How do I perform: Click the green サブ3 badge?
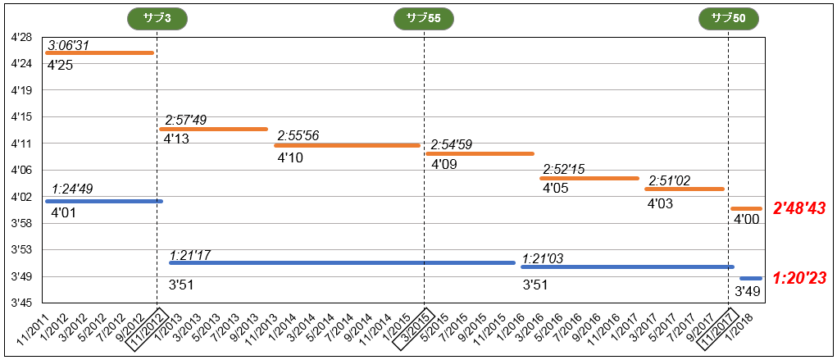157,19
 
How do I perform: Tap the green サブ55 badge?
424,19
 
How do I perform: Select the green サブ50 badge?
728,19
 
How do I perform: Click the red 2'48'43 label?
798,209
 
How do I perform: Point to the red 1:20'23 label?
798,278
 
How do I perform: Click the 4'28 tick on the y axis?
21,38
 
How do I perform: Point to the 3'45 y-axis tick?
21,303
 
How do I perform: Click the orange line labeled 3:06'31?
99,53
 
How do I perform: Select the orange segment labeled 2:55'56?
347,145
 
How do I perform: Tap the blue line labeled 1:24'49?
104,201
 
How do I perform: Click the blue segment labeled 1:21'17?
342,263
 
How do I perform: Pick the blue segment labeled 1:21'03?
627,267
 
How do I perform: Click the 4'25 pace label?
61,65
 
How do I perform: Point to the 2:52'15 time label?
565,169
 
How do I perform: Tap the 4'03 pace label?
660,203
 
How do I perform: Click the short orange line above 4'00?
746,209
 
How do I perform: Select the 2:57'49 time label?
185,121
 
